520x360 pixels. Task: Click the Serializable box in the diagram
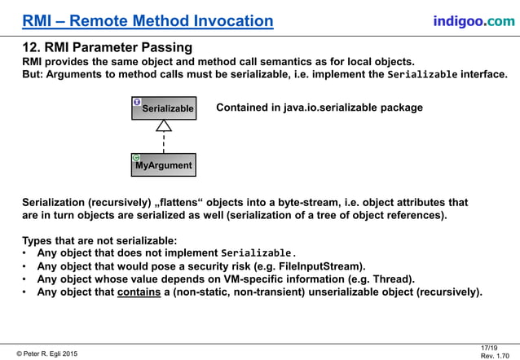164,108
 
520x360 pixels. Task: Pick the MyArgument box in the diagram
164,165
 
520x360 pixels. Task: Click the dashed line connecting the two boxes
164,143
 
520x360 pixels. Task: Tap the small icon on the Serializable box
137,102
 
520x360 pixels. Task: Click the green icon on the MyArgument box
136,157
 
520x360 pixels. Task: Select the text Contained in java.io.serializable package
319,108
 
